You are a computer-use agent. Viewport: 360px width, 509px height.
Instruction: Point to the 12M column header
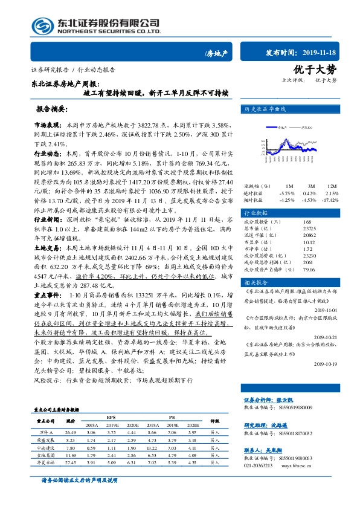[x=333, y=203]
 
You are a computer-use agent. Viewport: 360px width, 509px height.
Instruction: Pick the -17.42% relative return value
[x=331, y=218]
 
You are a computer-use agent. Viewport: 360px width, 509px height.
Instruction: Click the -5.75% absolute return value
[x=288, y=210]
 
